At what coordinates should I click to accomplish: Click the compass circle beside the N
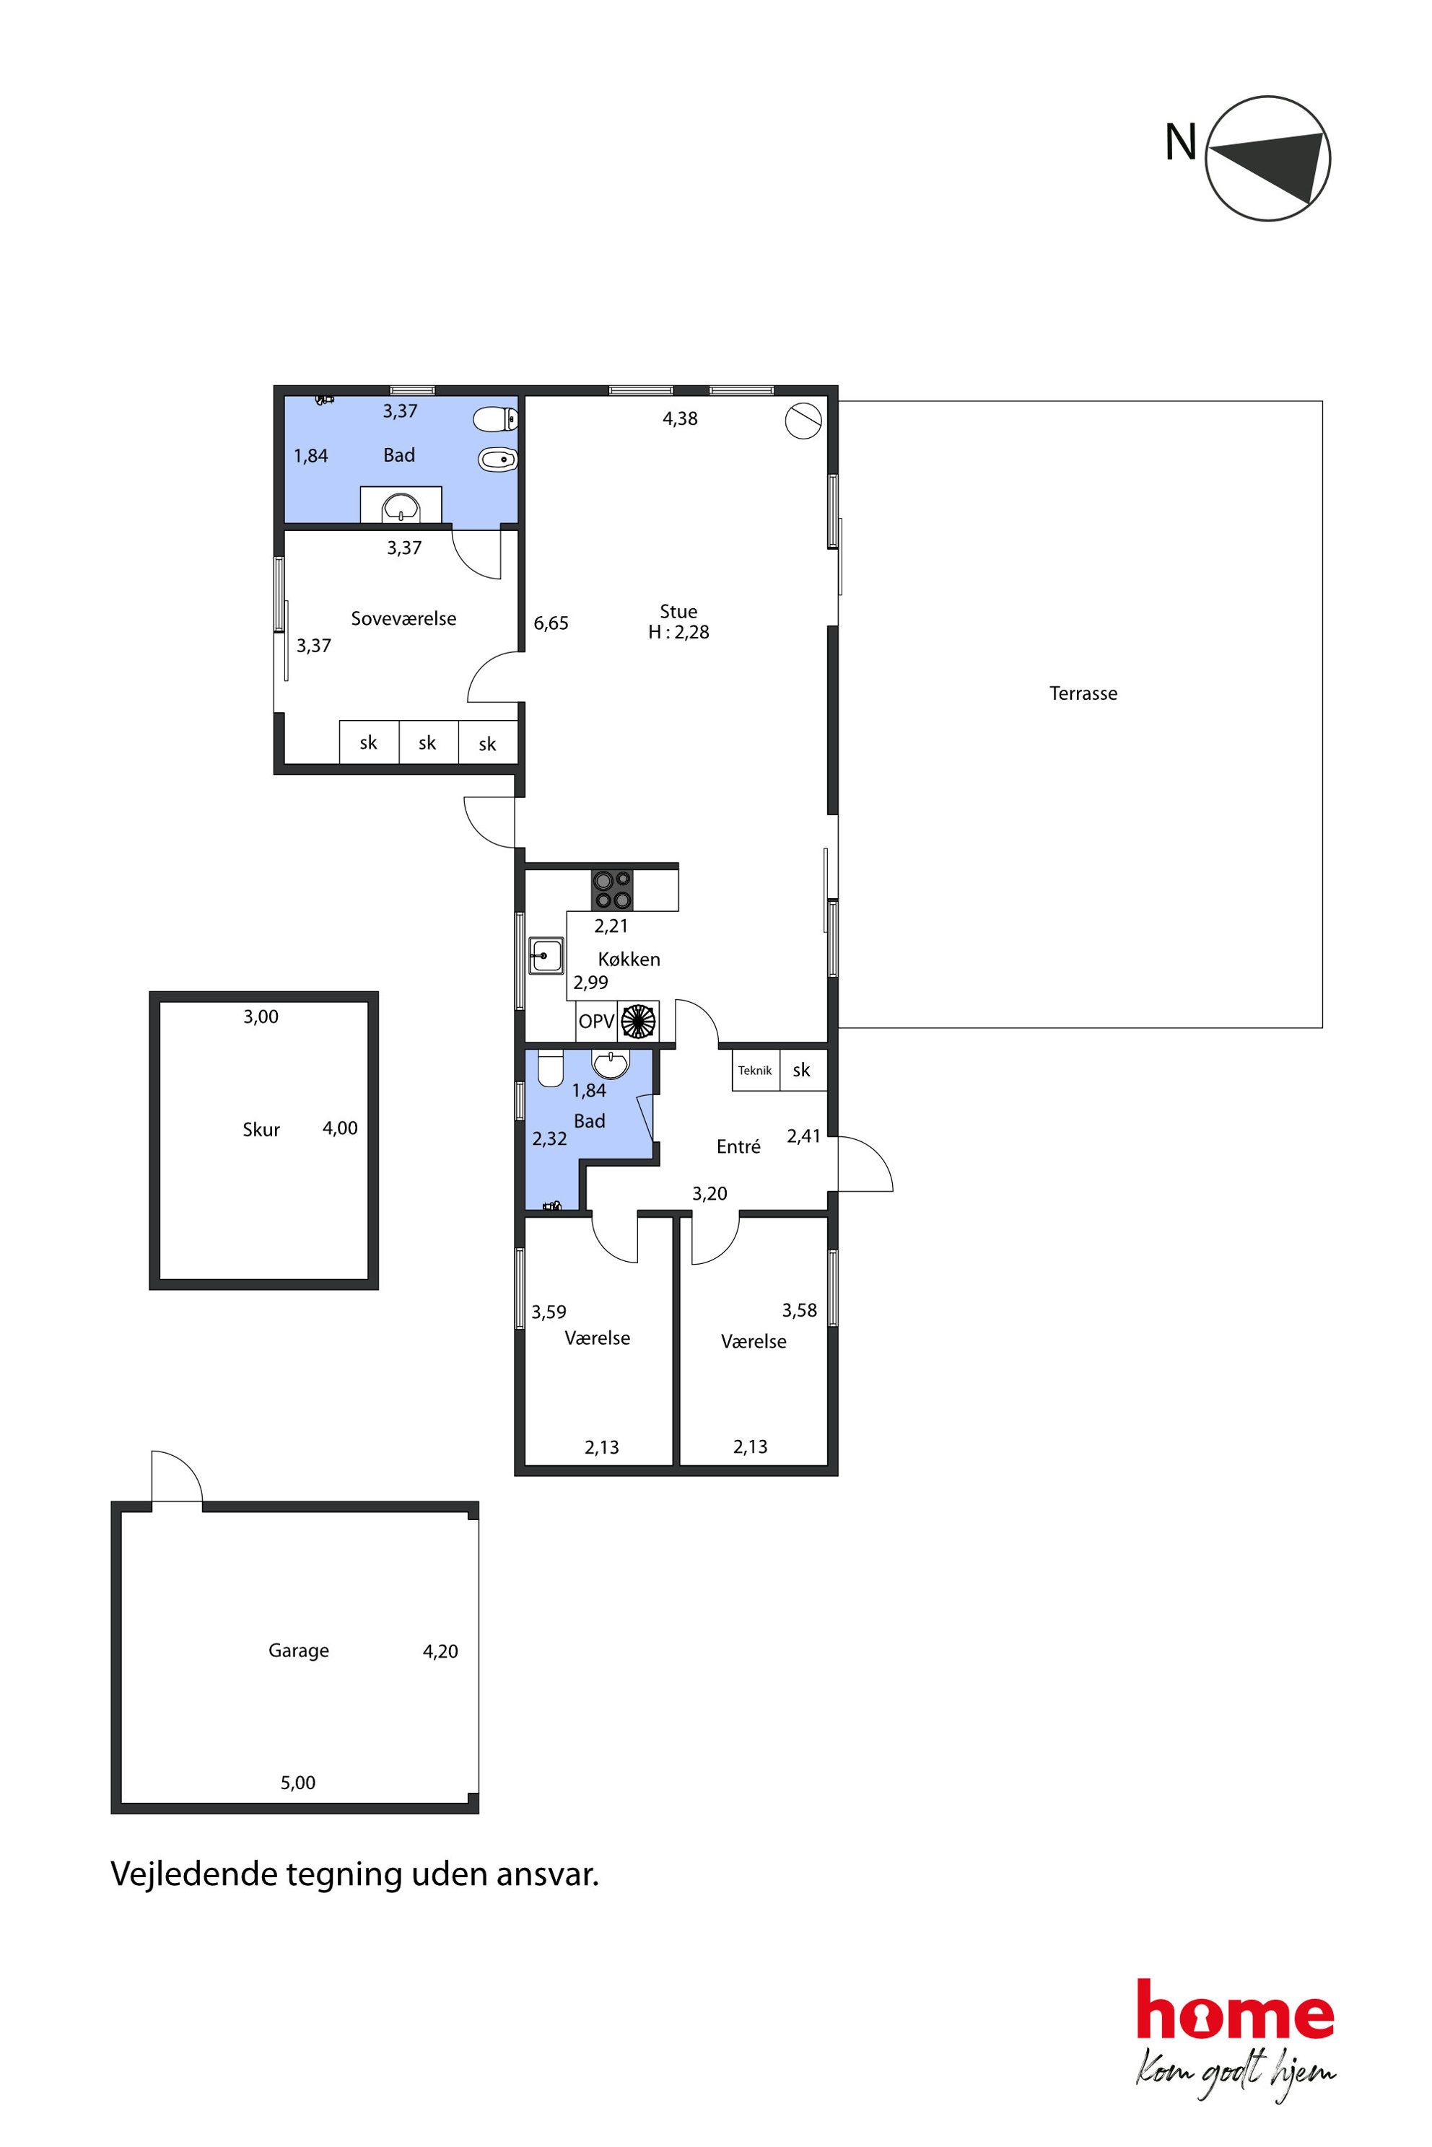click(1206, 159)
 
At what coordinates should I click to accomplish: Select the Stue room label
click(678, 612)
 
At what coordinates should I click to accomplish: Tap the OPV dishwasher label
click(596, 1022)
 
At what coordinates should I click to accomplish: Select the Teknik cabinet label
click(755, 1071)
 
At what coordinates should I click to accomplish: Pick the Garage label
click(299, 1651)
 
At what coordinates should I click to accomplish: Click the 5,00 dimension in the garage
click(297, 1783)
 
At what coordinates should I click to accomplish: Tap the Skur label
click(261, 1129)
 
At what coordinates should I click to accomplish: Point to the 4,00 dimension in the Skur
click(340, 1128)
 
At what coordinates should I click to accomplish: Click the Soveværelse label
click(403, 618)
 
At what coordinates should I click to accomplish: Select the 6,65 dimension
click(551, 623)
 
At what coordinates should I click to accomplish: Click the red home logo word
click(1235, 2009)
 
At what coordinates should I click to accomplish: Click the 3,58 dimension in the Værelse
click(799, 1311)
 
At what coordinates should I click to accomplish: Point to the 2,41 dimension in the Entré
click(803, 1136)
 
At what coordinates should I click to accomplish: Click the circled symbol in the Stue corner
click(803, 421)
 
